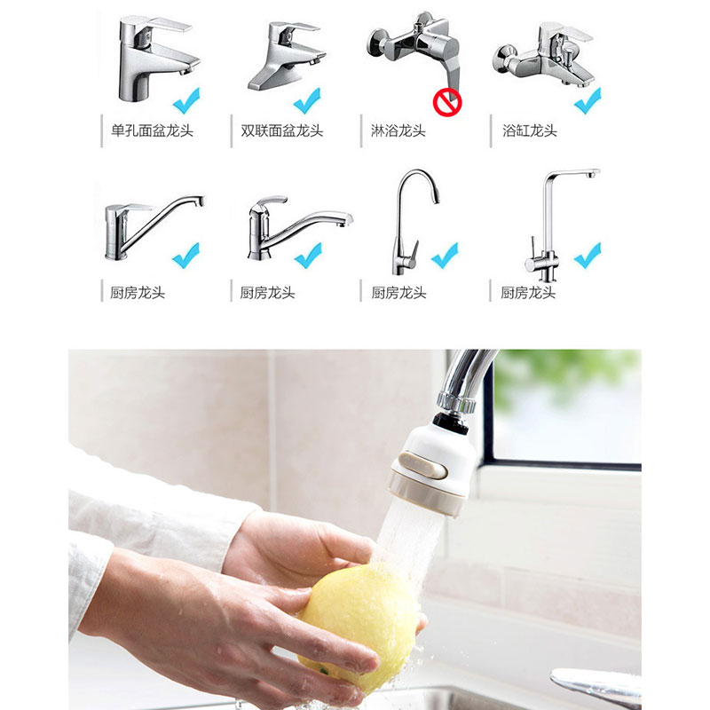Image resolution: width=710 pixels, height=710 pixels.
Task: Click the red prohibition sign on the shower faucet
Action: click(447, 103)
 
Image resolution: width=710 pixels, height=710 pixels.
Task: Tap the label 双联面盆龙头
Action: click(282, 130)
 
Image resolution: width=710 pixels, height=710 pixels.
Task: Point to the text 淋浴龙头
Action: click(398, 130)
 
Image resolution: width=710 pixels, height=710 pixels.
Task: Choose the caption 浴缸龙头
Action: click(530, 130)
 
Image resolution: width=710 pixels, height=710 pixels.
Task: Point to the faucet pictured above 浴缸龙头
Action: click(541, 53)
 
